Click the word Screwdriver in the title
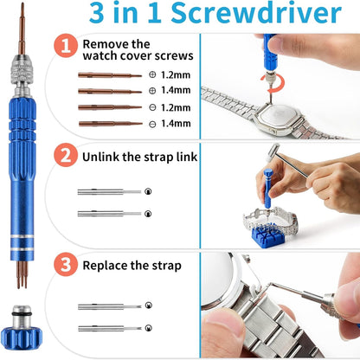pyautogui.click(x=256, y=13)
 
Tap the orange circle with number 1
pyautogui.click(x=66, y=46)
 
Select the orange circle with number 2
pyautogui.click(x=66, y=155)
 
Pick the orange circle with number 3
pyautogui.click(x=66, y=264)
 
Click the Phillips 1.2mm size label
pyautogui.click(x=176, y=75)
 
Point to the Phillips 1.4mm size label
pyautogui.click(x=176, y=90)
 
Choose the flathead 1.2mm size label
pyautogui.click(x=176, y=107)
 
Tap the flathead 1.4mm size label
pyautogui.click(x=176, y=124)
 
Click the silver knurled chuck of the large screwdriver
pyautogui.click(x=22, y=70)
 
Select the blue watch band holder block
pyautogui.click(x=268, y=234)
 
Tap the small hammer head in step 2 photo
pyautogui.click(x=274, y=150)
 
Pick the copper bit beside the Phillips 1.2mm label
pyautogui.click(x=110, y=75)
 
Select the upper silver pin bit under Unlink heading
pyautogui.click(x=109, y=192)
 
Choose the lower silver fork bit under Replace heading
pyautogui.click(x=110, y=328)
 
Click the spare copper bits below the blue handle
pyautogui.click(x=22, y=274)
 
